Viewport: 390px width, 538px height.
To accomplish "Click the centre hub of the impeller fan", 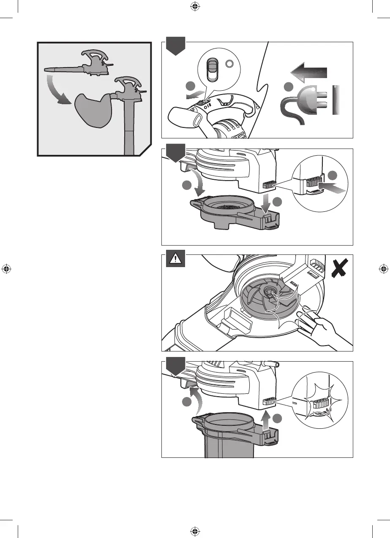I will coord(268,292).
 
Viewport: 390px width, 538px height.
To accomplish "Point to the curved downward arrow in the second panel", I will coord(200,182).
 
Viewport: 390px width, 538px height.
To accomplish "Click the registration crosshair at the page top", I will coord(194,6).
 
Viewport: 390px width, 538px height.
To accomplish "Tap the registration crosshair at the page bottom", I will coord(194,530).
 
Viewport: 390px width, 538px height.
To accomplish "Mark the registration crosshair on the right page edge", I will coord(384,268).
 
